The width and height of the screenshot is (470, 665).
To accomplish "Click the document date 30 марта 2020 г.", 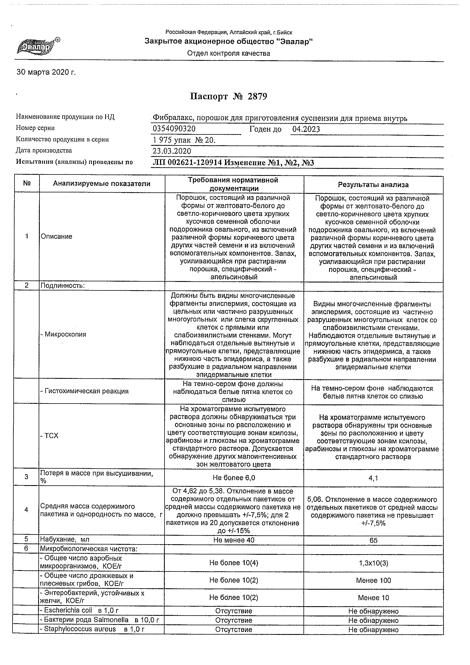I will click(46, 72).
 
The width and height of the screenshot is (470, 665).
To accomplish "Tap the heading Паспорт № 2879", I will click(228, 96).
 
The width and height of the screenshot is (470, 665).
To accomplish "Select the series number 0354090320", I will click(174, 129).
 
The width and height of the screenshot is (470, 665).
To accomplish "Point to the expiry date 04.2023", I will click(306, 129).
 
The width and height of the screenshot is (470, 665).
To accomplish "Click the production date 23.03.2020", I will click(172, 151).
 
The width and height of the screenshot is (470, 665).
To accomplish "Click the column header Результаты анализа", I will click(373, 185).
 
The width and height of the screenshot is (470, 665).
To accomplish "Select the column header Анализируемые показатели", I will click(102, 184).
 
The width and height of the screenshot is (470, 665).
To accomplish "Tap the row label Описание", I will click(57, 236).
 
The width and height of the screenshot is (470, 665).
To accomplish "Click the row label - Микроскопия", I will click(63, 334).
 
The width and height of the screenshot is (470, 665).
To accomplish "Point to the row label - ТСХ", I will click(49, 436).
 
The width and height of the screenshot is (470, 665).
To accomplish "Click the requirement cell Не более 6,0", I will click(234, 478).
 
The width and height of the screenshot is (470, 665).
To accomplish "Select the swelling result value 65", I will click(373, 541).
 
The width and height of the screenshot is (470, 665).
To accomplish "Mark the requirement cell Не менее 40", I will click(234, 540).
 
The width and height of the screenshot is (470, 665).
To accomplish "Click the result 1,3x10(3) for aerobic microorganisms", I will click(373, 563).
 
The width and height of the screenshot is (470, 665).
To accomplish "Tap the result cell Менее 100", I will click(373, 580).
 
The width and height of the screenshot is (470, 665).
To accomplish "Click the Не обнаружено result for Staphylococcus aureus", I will click(373, 630).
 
